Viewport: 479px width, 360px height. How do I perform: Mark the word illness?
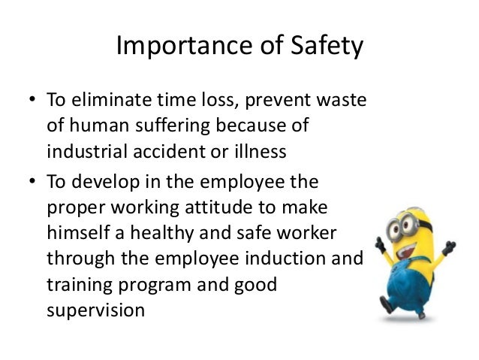(x=260, y=150)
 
